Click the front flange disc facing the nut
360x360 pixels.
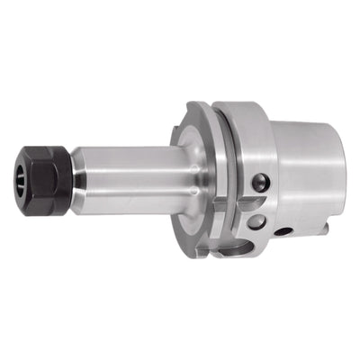coord(188,171)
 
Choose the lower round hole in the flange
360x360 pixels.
coord(259,220)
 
